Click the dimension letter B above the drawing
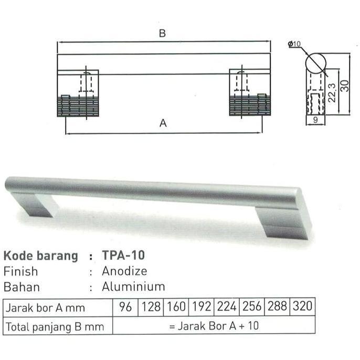tap(163, 34)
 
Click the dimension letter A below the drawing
tap(163, 124)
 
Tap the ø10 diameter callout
tap(294, 45)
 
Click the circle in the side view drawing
tap(316, 62)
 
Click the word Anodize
tap(124, 271)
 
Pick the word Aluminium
tap(133, 287)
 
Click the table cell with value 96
tap(125, 308)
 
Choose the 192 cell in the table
tap(202, 308)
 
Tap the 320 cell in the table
tap(303, 308)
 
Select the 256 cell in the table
tap(252, 308)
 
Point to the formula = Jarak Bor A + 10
tap(214, 326)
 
